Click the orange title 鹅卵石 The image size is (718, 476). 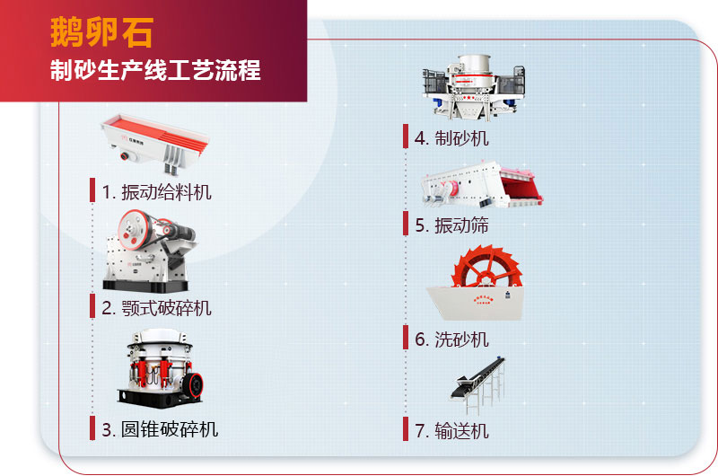(x=101, y=32)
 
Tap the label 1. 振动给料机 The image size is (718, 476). (x=157, y=191)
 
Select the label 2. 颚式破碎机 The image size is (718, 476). (x=157, y=308)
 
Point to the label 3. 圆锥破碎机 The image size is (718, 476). (x=160, y=429)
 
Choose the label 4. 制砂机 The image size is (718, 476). (x=452, y=138)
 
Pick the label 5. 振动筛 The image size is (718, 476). (x=452, y=225)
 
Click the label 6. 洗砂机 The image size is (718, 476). (x=452, y=339)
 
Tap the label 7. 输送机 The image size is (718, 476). (x=452, y=431)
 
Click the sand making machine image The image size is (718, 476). (x=471, y=86)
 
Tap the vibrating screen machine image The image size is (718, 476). (x=482, y=185)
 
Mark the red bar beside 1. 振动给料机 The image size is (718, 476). (x=92, y=190)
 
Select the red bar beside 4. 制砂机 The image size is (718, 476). (x=406, y=137)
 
